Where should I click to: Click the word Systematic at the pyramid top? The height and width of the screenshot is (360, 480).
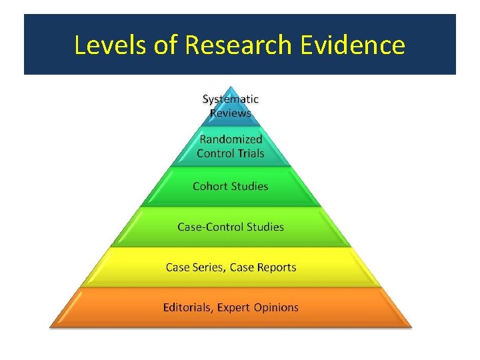pos(231,99)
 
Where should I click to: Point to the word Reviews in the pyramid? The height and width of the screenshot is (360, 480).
pos(231,113)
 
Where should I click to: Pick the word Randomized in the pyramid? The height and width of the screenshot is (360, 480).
pos(231,140)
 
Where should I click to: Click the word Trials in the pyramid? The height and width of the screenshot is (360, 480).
pos(248,153)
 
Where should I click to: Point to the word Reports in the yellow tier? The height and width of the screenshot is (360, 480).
pos(272,267)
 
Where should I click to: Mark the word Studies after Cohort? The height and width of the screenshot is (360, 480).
pos(250,186)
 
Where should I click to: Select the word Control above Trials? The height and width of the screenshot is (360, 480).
pos(213,153)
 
